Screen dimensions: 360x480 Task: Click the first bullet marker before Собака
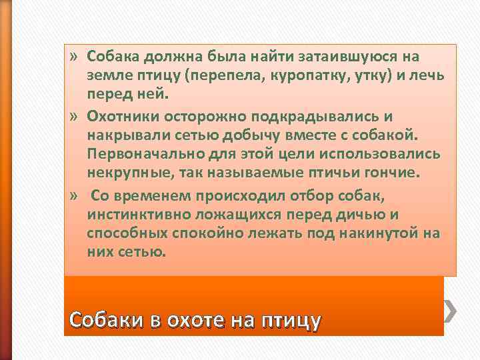coord(73,55)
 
